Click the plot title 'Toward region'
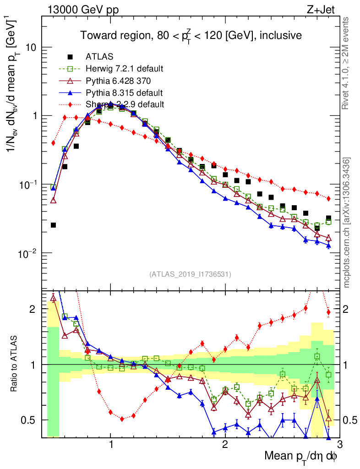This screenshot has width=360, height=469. pos(191,36)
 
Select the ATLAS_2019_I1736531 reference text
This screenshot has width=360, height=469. pos(190,274)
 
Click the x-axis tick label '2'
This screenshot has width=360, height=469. pos(225,445)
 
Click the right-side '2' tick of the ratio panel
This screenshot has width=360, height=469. pos(346,309)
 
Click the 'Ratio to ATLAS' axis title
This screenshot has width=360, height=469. pos(15,364)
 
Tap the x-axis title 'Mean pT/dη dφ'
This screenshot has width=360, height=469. pos(301,456)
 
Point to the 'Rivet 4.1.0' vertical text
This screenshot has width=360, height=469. pos(347,64)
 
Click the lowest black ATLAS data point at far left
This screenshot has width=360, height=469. pos(53,225)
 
